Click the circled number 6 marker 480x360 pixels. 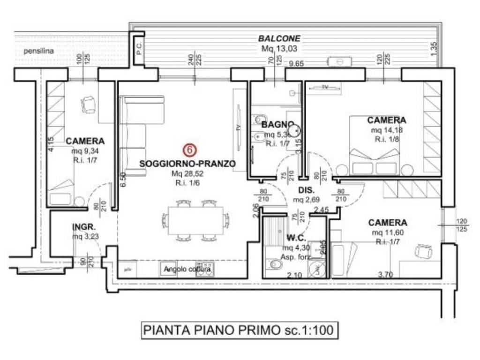[x=188, y=150]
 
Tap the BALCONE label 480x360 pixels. [x=279, y=39]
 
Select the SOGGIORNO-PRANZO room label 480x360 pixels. [x=187, y=164]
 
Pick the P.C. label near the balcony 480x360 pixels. [x=139, y=49]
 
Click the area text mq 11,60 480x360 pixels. [x=387, y=232]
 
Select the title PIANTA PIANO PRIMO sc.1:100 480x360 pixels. [x=239, y=330]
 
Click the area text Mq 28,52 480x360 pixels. [x=187, y=173]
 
